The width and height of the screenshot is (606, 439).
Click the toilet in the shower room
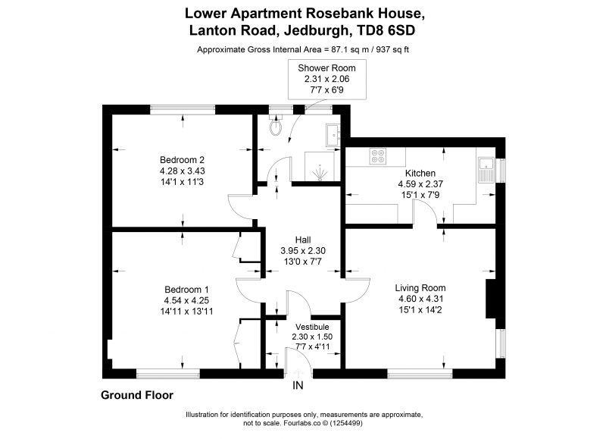[x=276, y=126]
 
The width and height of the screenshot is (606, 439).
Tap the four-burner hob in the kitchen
[x=377, y=156]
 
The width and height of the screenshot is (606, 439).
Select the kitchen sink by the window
[x=486, y=169]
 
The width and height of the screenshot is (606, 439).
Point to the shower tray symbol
[x=319, y=166]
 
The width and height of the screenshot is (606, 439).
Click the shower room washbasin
[x=333, y=135]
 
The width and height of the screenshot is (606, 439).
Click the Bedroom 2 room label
[x=182, y=160]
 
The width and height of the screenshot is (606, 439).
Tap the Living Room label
[x=420, y=288]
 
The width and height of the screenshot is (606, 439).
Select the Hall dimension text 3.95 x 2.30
[x=303, y=251]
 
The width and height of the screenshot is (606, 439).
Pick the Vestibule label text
[x=312, y=327]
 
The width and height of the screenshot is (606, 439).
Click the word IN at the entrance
[x=298, y=385]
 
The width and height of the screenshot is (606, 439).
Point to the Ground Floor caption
[x=137, y=395]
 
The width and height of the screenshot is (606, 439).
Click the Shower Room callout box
[x=327, y=80]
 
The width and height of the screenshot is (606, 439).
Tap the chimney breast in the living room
[x=490, y=299]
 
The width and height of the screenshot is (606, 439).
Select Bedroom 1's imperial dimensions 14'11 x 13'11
[x=186, y=311]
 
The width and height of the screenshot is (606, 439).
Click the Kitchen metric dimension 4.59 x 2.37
[x=420, y=184]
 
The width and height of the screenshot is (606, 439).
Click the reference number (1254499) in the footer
[x=345, y=423]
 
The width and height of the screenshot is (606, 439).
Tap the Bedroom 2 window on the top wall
[x=183, y=109]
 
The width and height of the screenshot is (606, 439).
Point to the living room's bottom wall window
[x=420, y=374]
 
